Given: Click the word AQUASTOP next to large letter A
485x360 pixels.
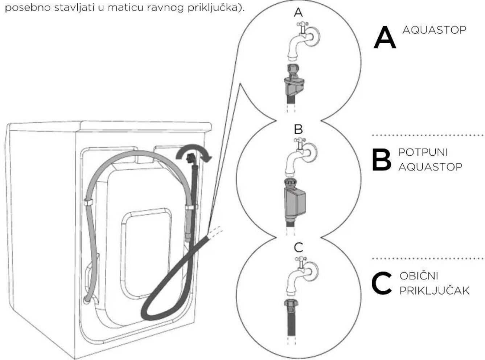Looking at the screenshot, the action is [434, 30].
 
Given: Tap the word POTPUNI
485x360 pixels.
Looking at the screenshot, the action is [423, 152].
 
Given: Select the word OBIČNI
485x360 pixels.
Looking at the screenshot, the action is [419, 276].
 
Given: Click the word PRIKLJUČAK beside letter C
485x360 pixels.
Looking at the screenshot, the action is [435, 291].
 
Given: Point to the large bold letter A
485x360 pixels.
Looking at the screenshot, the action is [385, 37].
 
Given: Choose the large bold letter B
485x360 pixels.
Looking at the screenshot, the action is [382, 160].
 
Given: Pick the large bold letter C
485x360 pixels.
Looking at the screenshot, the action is [382, 283].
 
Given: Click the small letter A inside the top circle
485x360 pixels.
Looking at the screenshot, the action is [298, 12].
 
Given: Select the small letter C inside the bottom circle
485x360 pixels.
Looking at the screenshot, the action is [299, 247].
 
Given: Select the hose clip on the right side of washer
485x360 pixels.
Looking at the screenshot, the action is [191, 207].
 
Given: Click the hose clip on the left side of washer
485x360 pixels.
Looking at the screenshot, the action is [89, 202].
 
